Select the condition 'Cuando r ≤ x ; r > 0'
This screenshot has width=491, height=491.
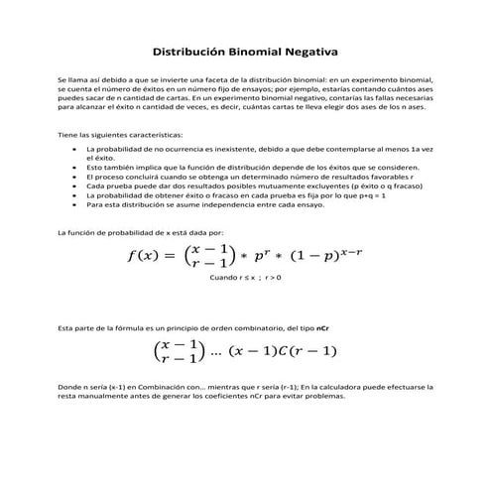coord(246,278)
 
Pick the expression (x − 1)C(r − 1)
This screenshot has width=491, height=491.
coord(287,350)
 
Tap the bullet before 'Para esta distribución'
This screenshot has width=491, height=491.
coord(76,206)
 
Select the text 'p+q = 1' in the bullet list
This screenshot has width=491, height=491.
coord(366,196)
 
